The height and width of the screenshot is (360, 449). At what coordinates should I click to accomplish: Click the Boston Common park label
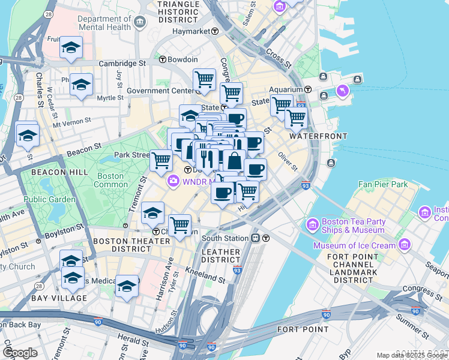click(111, 181)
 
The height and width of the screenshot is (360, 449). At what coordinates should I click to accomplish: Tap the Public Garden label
click(50, 199)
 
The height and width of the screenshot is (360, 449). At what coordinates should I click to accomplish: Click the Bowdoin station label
click(182, 59)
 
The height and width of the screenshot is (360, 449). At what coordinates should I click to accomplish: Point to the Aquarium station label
click(285, 89)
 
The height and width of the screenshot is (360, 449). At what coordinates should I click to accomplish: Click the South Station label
click(226, 238)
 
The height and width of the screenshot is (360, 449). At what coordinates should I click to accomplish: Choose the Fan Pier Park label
click(383, 184)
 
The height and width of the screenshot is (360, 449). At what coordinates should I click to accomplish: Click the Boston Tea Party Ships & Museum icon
click(312, 226)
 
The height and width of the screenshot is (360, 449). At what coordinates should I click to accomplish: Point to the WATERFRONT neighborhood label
click(318, 136)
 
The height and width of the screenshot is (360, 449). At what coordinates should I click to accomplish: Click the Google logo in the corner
click(20, 353)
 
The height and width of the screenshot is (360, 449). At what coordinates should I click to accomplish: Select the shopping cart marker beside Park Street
click(161, 160)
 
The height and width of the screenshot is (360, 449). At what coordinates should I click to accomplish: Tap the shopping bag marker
click(235, 161)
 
